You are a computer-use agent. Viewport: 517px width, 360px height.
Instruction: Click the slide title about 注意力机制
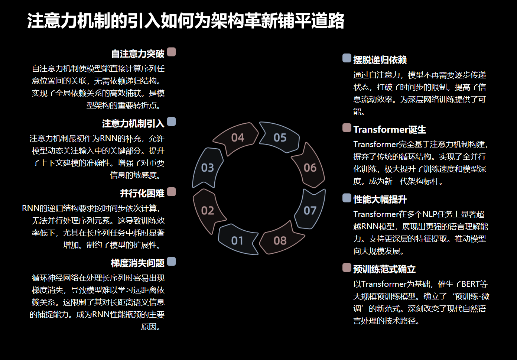coord(186,21)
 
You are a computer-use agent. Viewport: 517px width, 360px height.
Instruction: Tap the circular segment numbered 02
coord(208,211)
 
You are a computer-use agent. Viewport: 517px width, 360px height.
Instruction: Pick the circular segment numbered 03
coord(208,168)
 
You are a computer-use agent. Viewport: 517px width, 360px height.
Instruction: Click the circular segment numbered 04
coord(237,138)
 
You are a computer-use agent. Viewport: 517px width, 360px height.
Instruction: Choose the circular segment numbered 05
coord(280,138)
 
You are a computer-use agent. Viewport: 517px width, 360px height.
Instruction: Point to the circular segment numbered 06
coord(310,168)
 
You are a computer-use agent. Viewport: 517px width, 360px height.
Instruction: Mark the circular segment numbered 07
coord(310,210)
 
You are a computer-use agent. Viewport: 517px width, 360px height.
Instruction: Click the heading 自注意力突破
coord(138,54)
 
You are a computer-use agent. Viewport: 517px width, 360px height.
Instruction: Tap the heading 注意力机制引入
coord(133,124)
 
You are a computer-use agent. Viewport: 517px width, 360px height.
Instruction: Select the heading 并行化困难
coord(142,194)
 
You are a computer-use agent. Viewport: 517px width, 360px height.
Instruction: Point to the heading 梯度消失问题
coord(138,263)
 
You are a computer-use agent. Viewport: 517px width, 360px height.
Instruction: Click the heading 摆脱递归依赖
coord(380,60)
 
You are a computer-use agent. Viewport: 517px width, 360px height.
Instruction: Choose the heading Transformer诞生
coord(390,130)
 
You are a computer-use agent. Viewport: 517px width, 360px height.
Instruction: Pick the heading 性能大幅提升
coord(380,200)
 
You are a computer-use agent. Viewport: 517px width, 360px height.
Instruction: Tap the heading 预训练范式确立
coord(384,269)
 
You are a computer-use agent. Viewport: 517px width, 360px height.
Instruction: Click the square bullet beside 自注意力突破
coord(171,52)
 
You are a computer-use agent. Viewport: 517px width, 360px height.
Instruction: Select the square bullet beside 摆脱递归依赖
coord(347,58)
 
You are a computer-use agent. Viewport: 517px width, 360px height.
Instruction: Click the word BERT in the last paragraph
coord(470,284)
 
